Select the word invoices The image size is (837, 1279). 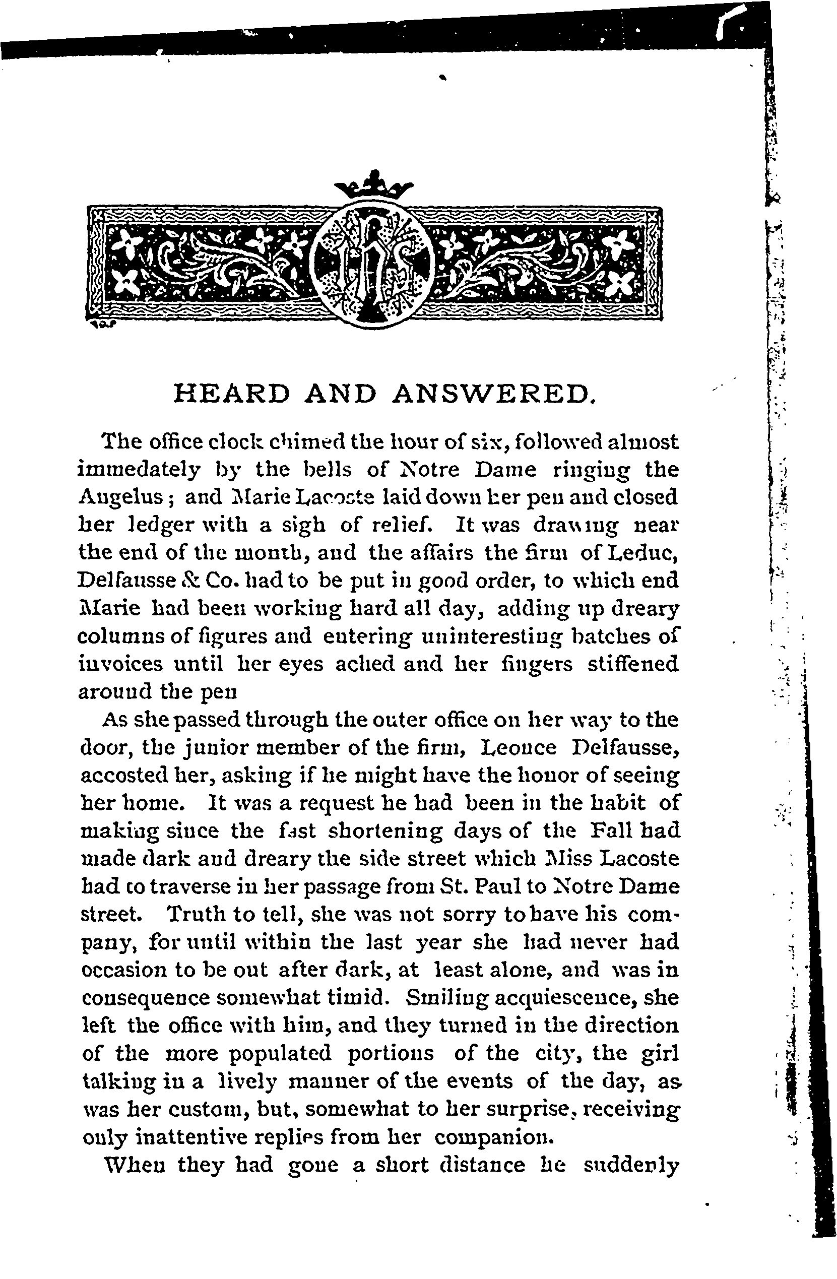120,664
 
